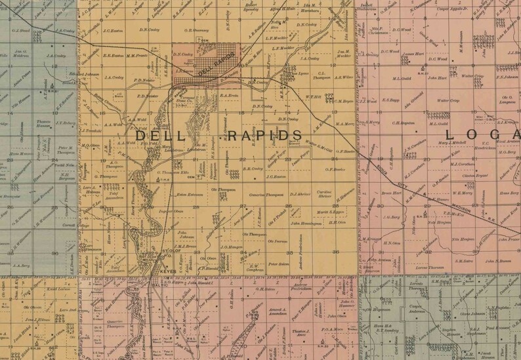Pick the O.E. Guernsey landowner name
coord(197,30)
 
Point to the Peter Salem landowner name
coord(280,264)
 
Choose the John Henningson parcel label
coord(305,224)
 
